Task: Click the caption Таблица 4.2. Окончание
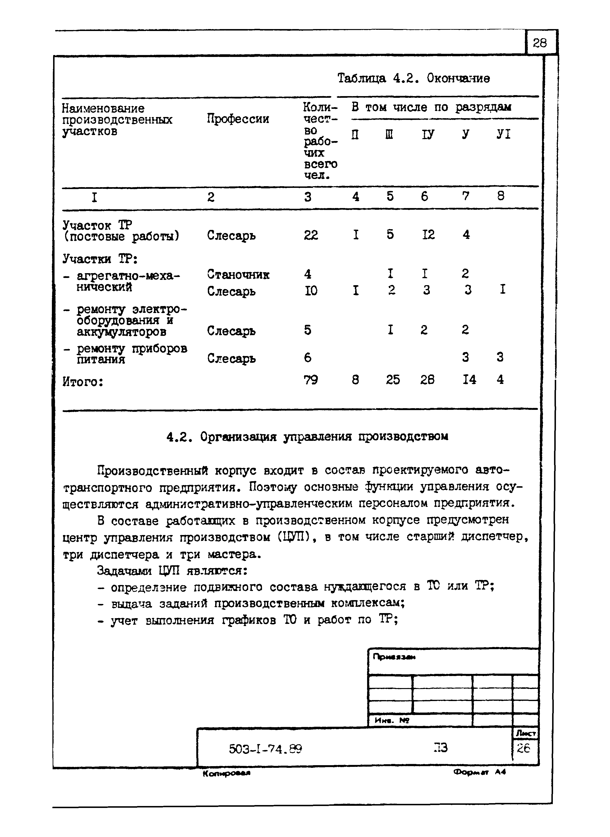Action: pyautogui.click(x=413, y=78)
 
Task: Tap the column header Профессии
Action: pyautogui.click(x=238, y=119)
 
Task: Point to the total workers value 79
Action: pyautogui.click(x=311, y=380)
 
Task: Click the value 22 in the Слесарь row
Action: pyautogui.click(x=311, y=235)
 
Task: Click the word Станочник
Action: pyautogui.click(x=238, y=274)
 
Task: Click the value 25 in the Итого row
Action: pyautogui.click(x=393, y=380)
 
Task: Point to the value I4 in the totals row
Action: pyautogui.click(x=469, y=380)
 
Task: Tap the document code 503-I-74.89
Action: pyautogui.click(x=265, y=749)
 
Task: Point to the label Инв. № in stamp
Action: pyautogui.click(x=391, y=720)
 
